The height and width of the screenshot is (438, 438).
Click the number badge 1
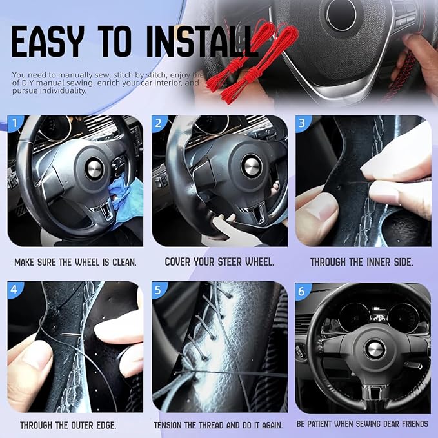(x=15, y=123)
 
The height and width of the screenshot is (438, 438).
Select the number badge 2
(x=160, y=123)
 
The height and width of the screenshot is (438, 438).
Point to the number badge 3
(x=304, y=123)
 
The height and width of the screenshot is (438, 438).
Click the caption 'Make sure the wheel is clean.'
(x=76, y=263)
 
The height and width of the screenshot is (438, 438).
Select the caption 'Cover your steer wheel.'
(x=219, y=263)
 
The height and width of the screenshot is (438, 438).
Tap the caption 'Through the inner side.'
(x=361, y=263)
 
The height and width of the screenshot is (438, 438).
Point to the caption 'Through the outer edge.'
(x=68, y=425)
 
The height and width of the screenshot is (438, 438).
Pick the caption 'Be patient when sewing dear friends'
(x=362, y=424)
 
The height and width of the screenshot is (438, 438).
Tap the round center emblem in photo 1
(x=94, y=169)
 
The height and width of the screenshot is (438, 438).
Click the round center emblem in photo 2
(x=252, y=165)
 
